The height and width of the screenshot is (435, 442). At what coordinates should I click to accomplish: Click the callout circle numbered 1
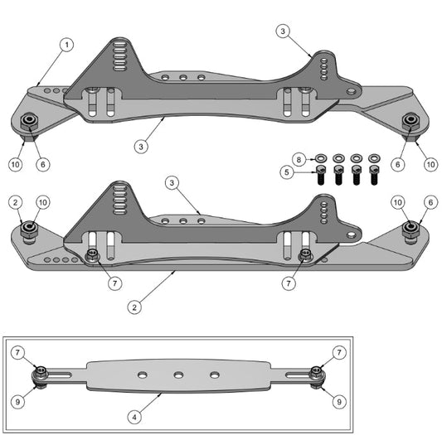66,44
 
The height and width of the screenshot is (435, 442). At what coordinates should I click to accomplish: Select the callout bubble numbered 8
300,157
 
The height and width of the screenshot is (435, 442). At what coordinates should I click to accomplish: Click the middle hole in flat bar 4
178,375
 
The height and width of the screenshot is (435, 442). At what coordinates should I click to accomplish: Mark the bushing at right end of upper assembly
410,121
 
